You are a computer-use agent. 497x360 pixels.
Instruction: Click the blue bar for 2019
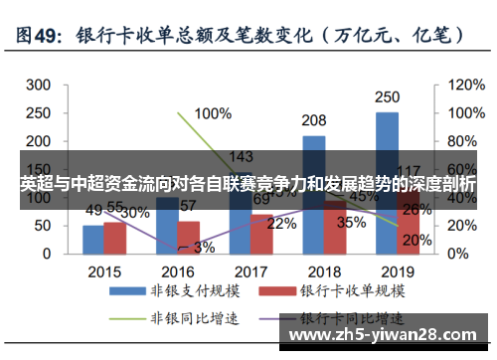(x=387, y=179)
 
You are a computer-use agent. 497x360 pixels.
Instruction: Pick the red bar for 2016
(x=188, y=237)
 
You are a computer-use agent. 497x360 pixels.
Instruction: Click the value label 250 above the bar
(x=388, y=98)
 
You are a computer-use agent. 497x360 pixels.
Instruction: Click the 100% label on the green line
(x=213, y=112)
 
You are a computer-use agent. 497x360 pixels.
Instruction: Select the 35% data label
(x=351, y=223)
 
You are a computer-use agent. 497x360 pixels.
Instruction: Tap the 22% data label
(x=281, y=224)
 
